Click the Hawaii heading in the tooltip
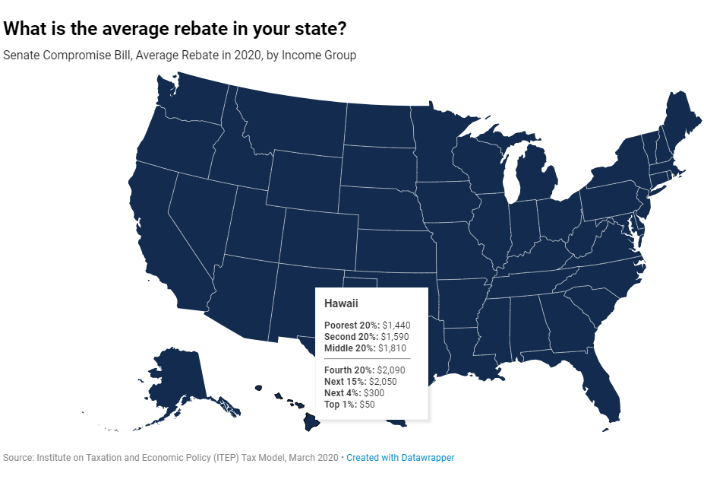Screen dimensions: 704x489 (341, 303)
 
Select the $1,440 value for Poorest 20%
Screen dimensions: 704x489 (396, 325)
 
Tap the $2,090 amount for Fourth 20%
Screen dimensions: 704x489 (391, 370)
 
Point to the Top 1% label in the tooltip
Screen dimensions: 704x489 (340, 404)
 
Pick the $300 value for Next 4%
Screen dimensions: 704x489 (374, 393)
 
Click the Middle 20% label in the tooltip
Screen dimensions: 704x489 (349, 348)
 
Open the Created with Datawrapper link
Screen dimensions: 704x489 (400, 458)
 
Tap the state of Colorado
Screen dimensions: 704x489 (320, 238)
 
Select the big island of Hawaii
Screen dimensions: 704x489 (311, 421)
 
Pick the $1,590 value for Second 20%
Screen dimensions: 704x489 (395, 337)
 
